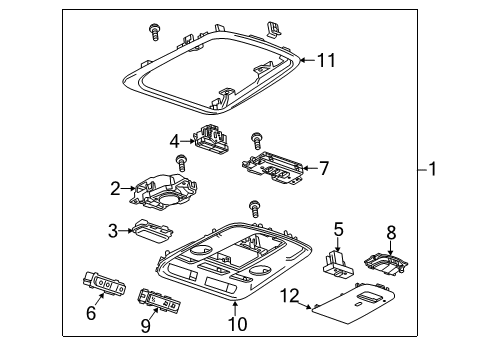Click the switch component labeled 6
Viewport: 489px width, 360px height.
pyautogui.click(x=105, y=283)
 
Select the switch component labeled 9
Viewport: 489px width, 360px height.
pyautogui.click(x=159, y=299)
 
